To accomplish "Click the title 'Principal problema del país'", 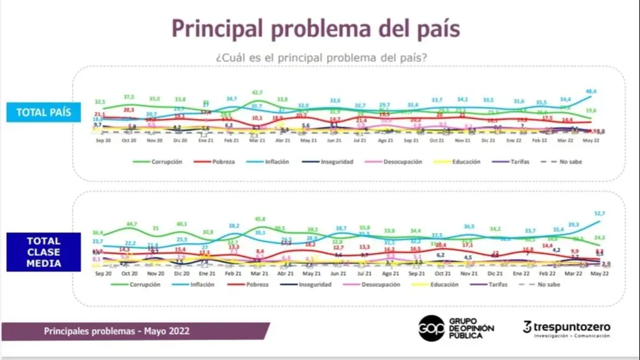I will tap(316, 29).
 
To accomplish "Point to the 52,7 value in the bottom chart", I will tap(600, 213).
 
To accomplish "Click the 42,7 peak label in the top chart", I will tap(256, 92).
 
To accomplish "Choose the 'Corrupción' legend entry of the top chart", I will tap(165, 162).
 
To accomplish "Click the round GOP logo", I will tap(431, 328).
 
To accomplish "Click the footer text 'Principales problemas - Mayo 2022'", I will tap(116, 331).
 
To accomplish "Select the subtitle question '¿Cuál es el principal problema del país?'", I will tap(322, 57).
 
